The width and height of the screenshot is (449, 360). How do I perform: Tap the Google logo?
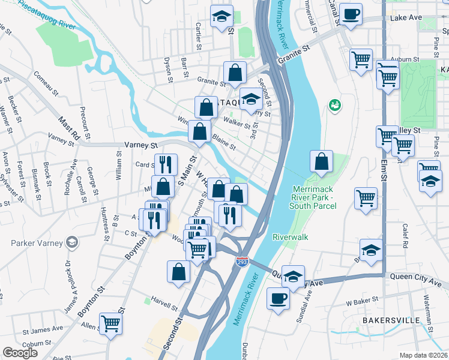(x=20, y=353)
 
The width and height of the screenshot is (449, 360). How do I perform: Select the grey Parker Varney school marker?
(x=72, y=242)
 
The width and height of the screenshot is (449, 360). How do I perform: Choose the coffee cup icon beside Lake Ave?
(x=351, y=14)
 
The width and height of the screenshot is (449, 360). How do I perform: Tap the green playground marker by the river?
(x=334, y=106)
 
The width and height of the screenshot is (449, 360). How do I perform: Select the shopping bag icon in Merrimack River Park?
(x=322, y=162)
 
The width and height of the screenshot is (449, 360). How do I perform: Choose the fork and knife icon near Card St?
(x=166, y=164)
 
